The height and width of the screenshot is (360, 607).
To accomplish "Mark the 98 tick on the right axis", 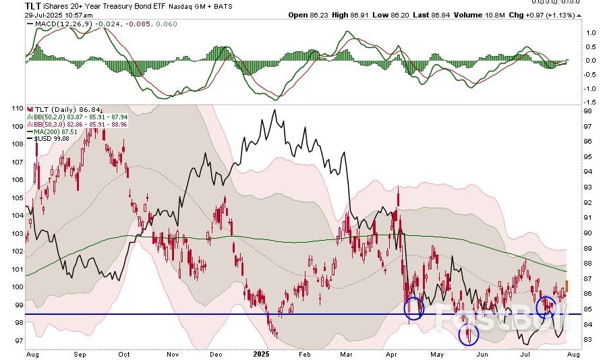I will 588,111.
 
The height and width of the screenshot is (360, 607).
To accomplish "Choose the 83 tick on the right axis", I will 588,339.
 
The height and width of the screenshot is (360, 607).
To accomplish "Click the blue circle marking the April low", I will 414,309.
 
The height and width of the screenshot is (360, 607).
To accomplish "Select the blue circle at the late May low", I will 468,334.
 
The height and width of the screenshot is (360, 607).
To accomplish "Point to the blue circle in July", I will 546,307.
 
